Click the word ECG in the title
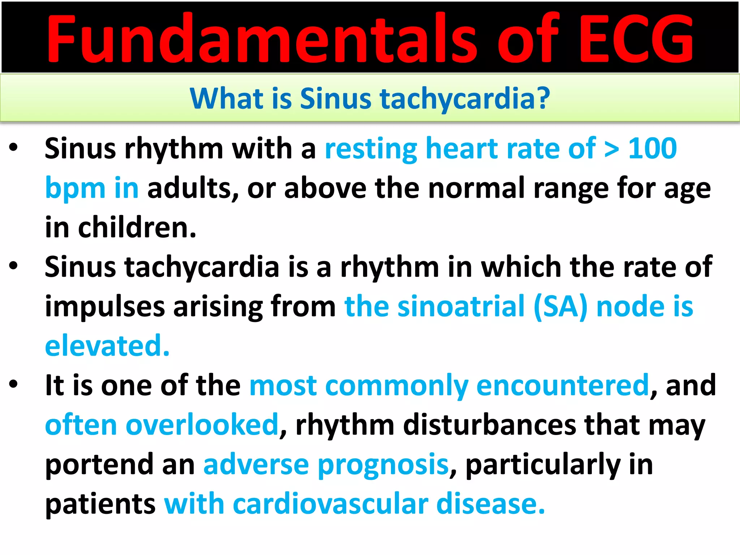tap(636, 39)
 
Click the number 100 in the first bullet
tap(652, 149)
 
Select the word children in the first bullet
tap(137, 228)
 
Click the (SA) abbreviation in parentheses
tap(560, 307)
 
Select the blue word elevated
tap(107, 346)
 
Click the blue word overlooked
tap(202, 425)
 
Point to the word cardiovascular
tap(330, 504)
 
